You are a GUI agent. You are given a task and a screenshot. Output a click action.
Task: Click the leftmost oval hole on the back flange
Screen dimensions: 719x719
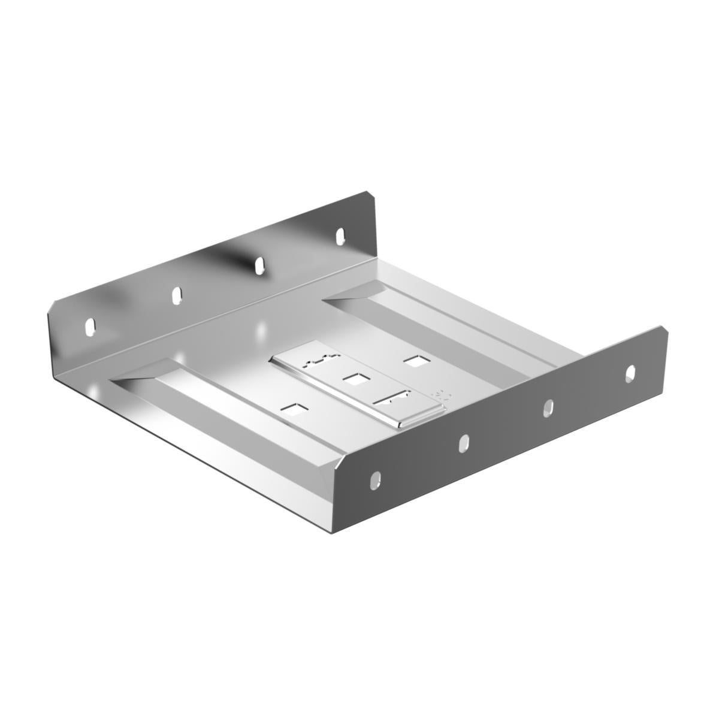[x=90, y=327]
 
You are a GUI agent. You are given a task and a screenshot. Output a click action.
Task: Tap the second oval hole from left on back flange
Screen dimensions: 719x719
[x=177, y=295]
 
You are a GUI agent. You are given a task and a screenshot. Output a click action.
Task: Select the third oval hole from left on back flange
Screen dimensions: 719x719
[x=260, y=264]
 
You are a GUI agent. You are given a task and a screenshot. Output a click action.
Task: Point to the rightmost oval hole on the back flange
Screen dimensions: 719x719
[x=340, y=235]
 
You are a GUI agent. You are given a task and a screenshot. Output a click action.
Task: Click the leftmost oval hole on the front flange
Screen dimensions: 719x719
[x=375, y=480]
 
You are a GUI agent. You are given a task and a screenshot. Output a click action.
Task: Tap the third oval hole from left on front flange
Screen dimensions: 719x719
[x=548, y=408]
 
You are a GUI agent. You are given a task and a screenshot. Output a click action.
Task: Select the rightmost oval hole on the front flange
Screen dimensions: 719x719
[x=630, y=373]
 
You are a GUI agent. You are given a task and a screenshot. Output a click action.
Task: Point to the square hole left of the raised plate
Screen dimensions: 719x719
[x=294, y=410]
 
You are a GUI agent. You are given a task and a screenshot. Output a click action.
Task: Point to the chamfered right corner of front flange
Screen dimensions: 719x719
[x=663, y=331]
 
